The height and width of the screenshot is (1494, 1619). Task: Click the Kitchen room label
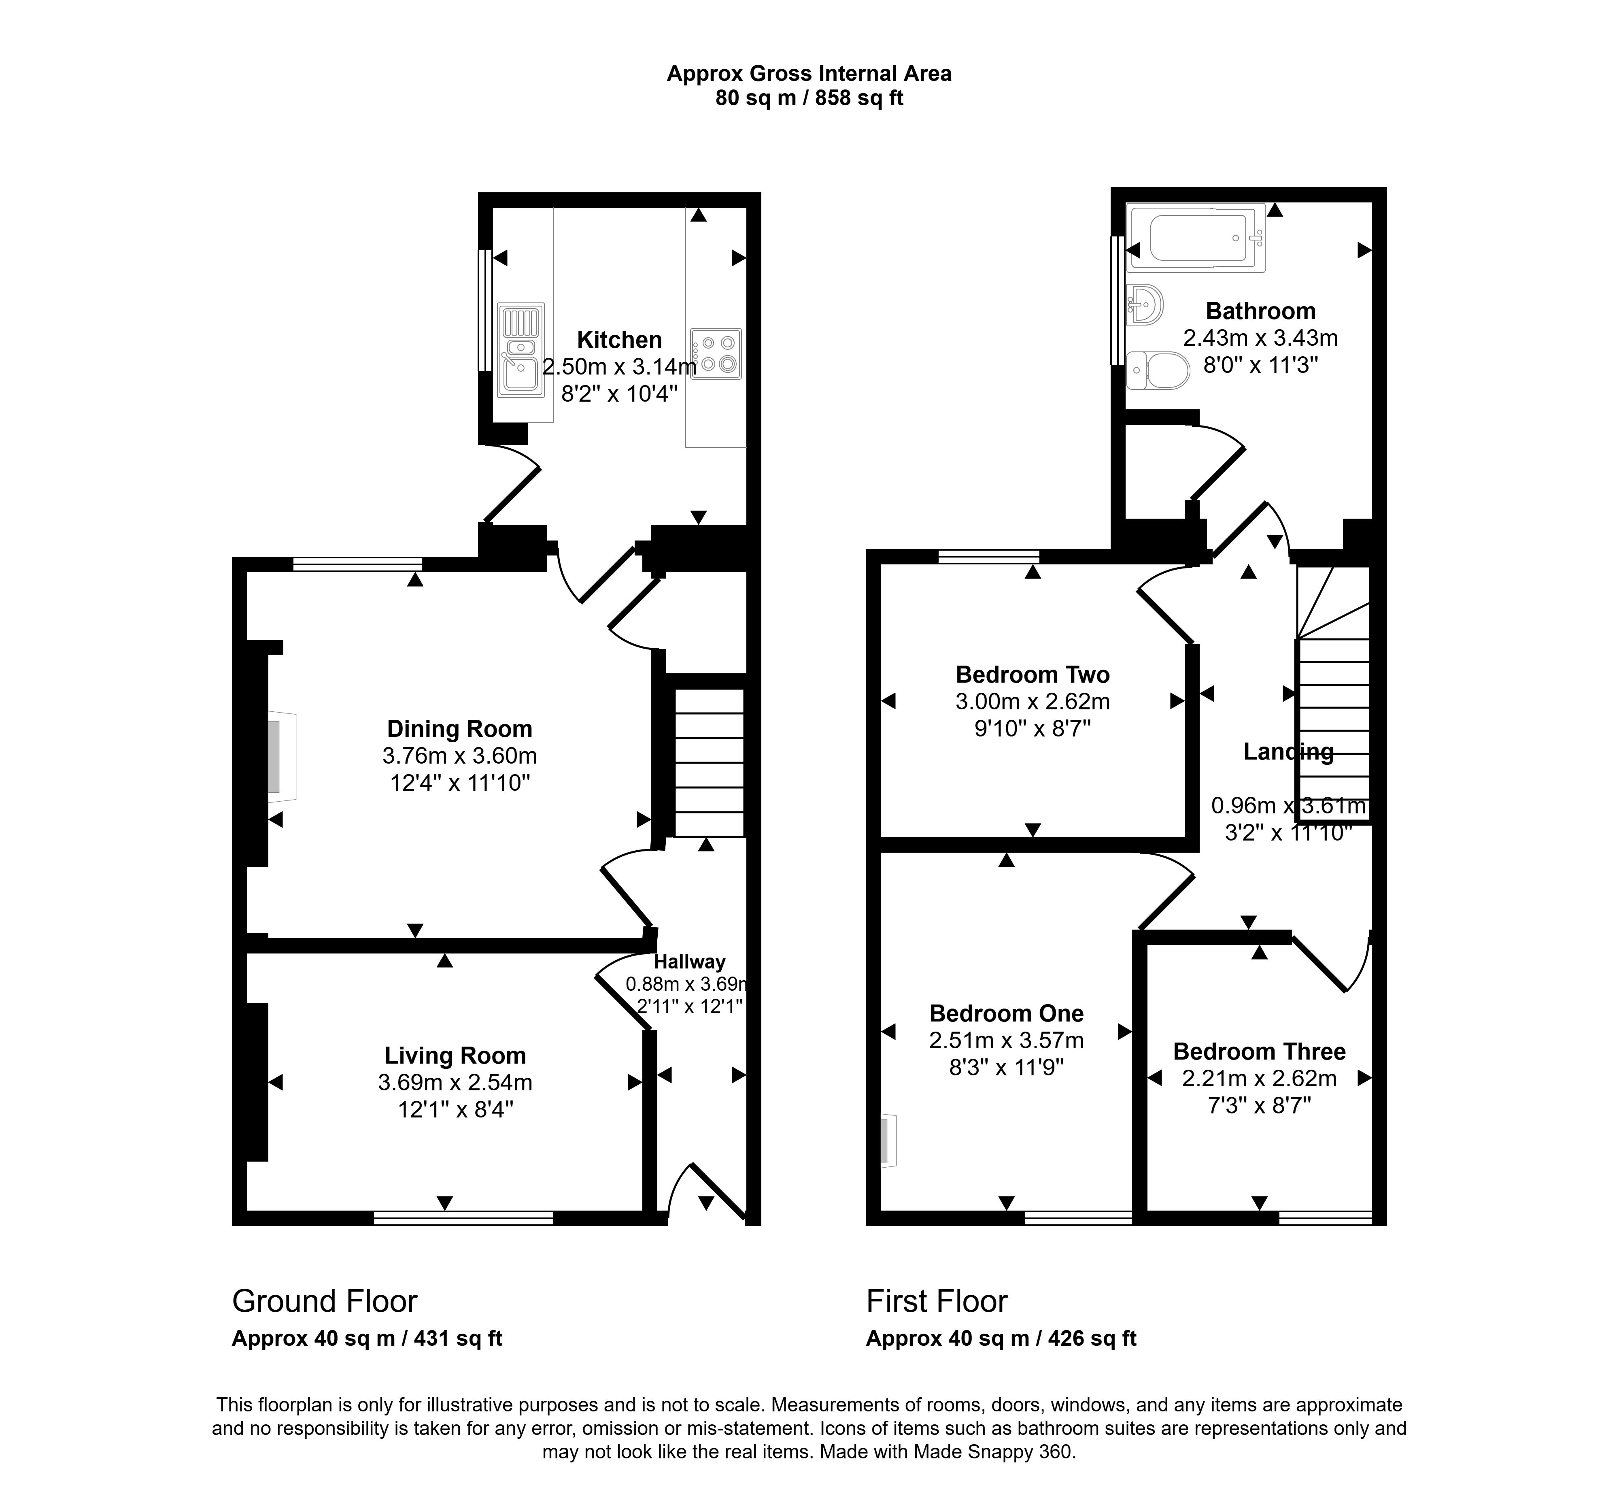tap(619, 340)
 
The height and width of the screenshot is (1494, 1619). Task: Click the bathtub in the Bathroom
tap(1196, 238)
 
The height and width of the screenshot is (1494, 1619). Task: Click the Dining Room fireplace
tap(281, 757)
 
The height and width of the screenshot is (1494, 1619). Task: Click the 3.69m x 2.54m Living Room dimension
tap(455, 1082)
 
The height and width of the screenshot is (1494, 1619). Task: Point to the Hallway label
tap(689, 962)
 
